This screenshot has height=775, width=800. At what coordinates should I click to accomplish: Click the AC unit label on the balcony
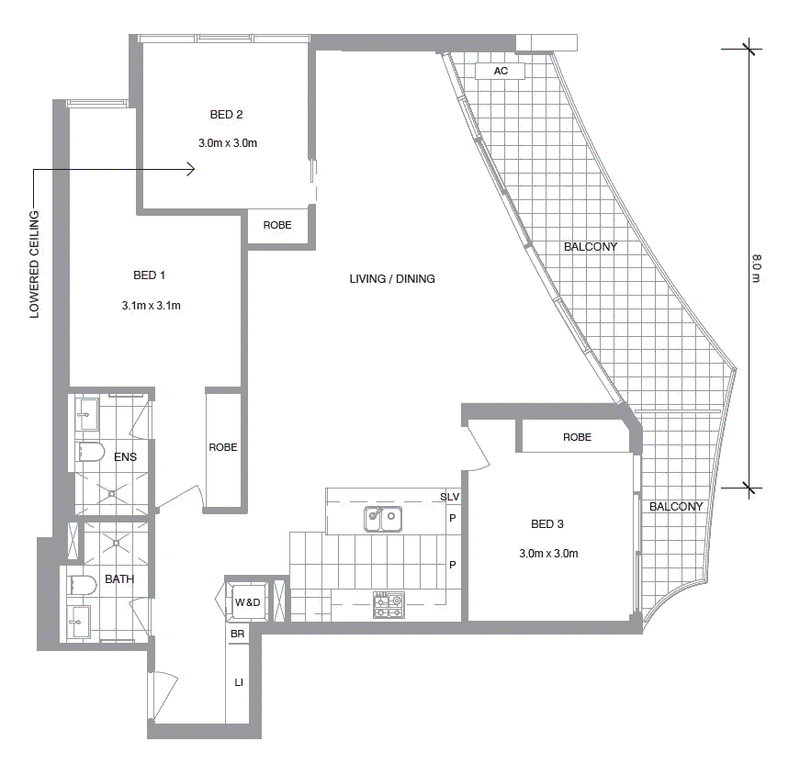(x=501, y=71)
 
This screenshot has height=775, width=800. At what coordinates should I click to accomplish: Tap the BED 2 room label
(x=226, y=115)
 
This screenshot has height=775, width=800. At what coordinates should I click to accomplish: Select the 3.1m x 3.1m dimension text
(x=151, y=306)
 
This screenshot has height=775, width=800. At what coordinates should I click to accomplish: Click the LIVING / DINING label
(x=392, y=279)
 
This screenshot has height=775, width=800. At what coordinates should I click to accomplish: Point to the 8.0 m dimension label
(x=756, y=267)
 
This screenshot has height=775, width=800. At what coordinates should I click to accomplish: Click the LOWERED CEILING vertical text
(x=35, y=264)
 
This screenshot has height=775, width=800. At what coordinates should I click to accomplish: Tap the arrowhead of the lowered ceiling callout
(x=190, y=169)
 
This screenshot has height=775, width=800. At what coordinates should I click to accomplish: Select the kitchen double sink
(x=383, y=520)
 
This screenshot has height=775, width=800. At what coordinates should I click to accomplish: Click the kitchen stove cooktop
(x=389, y=605)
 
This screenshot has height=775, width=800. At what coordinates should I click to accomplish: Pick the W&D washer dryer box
(x=247, y=602)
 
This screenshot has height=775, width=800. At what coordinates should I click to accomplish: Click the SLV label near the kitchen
(x=449, y=497)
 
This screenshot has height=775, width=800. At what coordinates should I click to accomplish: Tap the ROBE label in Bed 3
(x=577, y=437)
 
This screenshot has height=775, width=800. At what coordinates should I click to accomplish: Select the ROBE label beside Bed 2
(x=277, y=225)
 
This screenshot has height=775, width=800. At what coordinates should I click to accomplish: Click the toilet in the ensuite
(x=91, y=452)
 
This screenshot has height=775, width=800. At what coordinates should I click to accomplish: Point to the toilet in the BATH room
(x=82, y=585)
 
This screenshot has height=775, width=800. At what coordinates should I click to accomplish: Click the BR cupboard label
(x=237, y=635)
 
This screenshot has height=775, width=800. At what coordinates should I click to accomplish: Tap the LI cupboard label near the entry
(x=238, y=683)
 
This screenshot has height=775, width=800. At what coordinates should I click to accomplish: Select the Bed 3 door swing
(x=480, y=445)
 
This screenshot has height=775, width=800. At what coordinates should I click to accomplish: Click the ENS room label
(x=125, y=456)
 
